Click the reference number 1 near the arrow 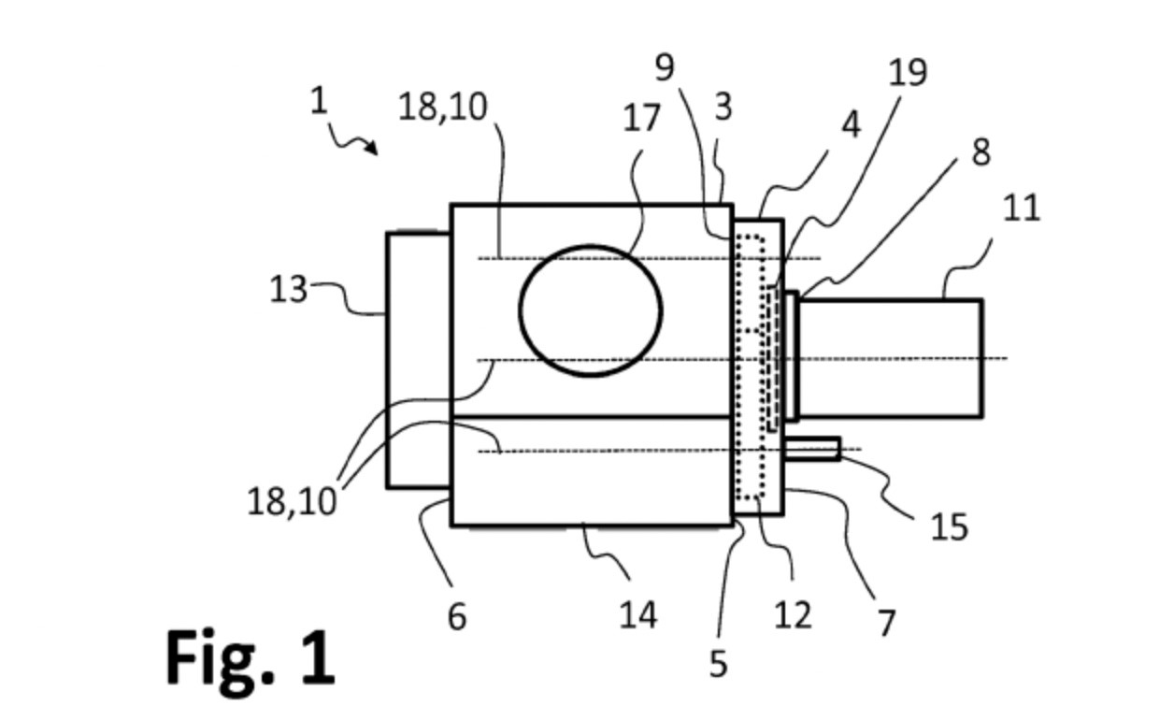[320, 100]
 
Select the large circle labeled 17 [591, 310]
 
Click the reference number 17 [641, 119]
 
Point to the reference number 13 [288, 290]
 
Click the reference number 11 [1021, 207]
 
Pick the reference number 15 [949, 527]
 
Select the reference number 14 [638, 614]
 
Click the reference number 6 [457, 616]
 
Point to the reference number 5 [717, 663]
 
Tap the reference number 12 [793, 614]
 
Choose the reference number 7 [886, 622]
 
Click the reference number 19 [907, 71]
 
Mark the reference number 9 [665, 66]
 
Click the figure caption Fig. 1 [251, 656]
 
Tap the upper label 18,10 [443, 108]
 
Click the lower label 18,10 [292, 502]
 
